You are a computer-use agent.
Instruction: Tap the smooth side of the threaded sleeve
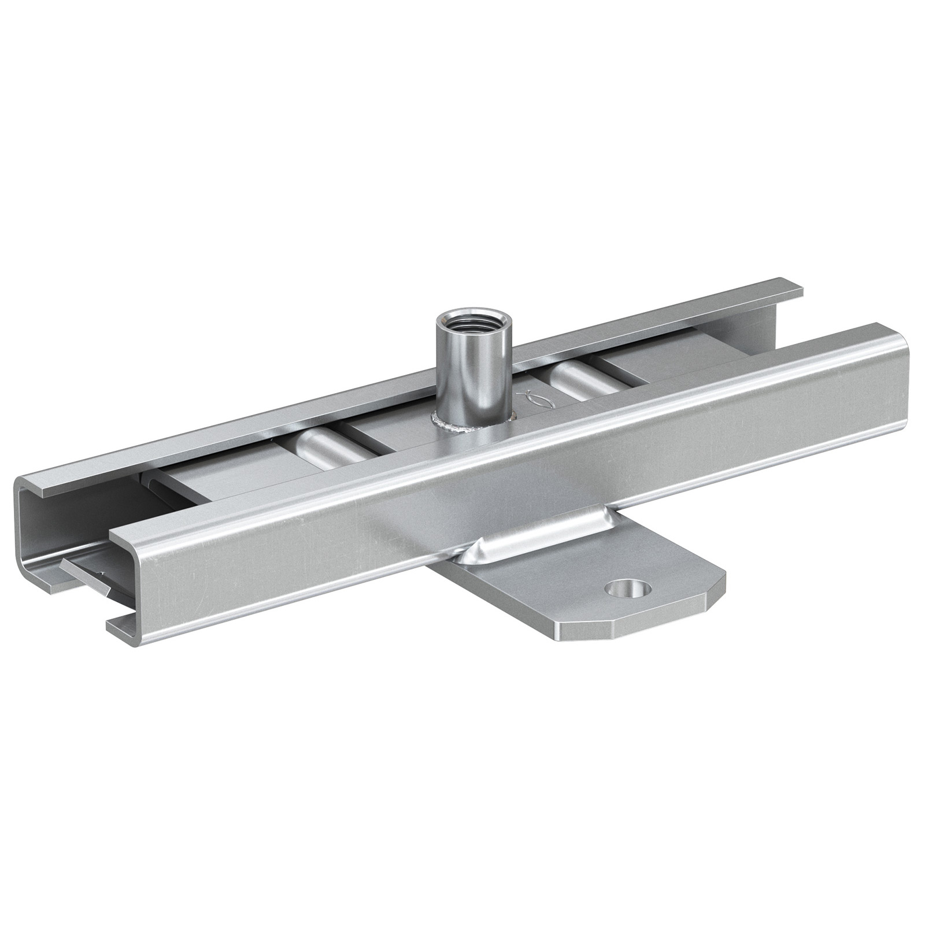pyautogui.click(x=457, y=370)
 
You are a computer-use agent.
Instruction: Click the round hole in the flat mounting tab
pyautogui.click(x=627, y=590)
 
